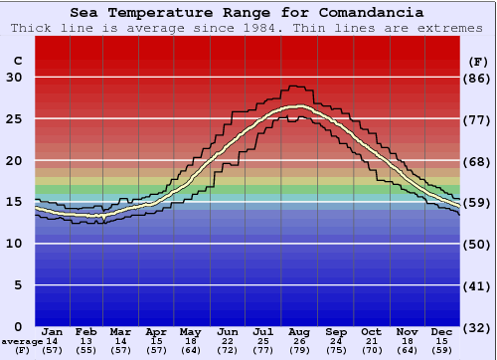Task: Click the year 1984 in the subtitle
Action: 235,27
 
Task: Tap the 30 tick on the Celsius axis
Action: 14,78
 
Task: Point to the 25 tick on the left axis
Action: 14,119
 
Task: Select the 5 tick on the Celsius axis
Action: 18,285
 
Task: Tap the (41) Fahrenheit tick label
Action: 478,285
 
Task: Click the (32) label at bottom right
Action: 478,327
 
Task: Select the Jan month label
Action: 53,331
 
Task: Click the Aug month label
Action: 300,331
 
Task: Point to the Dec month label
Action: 442,331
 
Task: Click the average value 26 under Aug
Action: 300,341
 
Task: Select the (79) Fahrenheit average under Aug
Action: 300,350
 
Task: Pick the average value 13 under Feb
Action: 87,341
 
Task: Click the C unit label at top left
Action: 17,61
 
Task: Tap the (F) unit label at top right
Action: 477,61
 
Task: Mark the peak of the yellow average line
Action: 298,106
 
